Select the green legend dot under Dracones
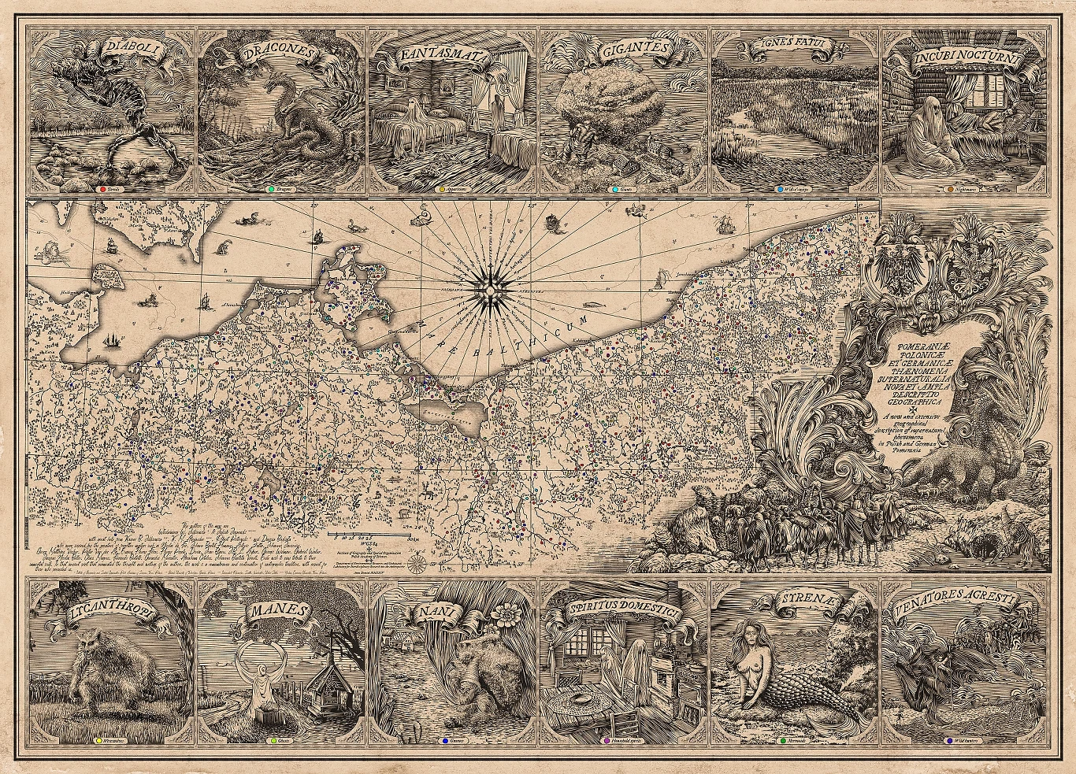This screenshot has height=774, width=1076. click(270, 190)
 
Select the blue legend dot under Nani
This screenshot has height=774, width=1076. click(446, 741)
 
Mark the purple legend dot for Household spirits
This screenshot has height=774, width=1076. click(605, 741)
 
